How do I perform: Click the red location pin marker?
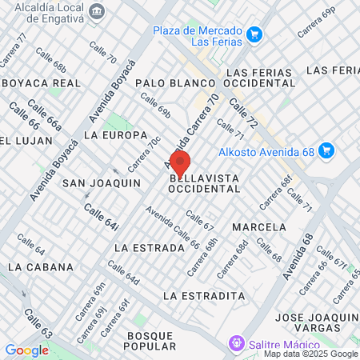tap(179, 162)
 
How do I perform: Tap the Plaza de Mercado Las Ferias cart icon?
tap(254, 34)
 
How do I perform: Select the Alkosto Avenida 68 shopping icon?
tap(325, 150)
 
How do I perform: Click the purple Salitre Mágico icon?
tap(236, 343)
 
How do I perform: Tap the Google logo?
tap(26, 350)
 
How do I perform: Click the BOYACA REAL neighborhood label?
tap(42, 83)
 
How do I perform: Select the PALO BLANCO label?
tap(166, 83)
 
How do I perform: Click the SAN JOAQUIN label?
tap(102, 183)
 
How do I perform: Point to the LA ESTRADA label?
tap(144, 247)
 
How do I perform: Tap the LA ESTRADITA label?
tap(203, 296)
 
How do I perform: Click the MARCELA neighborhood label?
tap(258, 227)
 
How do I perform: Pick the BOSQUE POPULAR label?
tap(150, 340)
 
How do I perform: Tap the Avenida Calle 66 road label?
tap(172, 227)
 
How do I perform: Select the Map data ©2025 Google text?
tap(311, 354)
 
